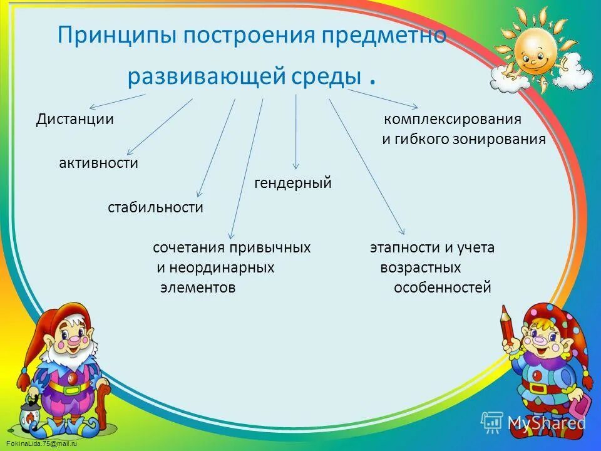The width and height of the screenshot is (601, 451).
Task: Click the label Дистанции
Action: (74, 119)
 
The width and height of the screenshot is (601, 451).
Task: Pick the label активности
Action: (98, 163)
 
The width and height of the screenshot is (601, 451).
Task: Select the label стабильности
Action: (155, 207)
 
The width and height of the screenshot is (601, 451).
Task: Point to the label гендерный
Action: (292, 184)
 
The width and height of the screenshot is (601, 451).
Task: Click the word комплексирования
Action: (453, 119)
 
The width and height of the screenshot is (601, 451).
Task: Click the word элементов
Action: (198, 288)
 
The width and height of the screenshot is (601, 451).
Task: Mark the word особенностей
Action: (442, 288)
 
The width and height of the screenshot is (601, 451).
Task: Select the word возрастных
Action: (420, 268)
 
